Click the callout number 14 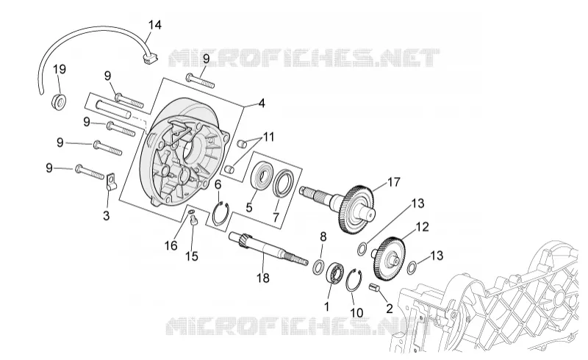pyautogui.click(x=154, y=25)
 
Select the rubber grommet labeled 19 pyautogui.click(x=59, y=101)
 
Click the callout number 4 pyautogui.click(x=262, y=103)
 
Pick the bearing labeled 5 pyautogui.click(x=262, y=176)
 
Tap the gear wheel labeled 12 pyautogui.click(x=390, y=259)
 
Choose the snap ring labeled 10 pyautogui.click(x=354, y=280)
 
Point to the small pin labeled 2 pyautogui.click(x=375, y=287)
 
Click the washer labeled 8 pyautogui.click(x=318, y=266)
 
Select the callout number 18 pyautogui.click(x=263, y=278)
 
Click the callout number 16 pyautogui.click(x=171, y=245)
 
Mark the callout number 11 pyautogui.click(x=268, y=137)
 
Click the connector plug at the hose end pyautogui.click(x=151, y=59)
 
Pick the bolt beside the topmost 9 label pyautogui.click(x=200, y=80)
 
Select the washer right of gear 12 pyautogui.click(x=412, y=266)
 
